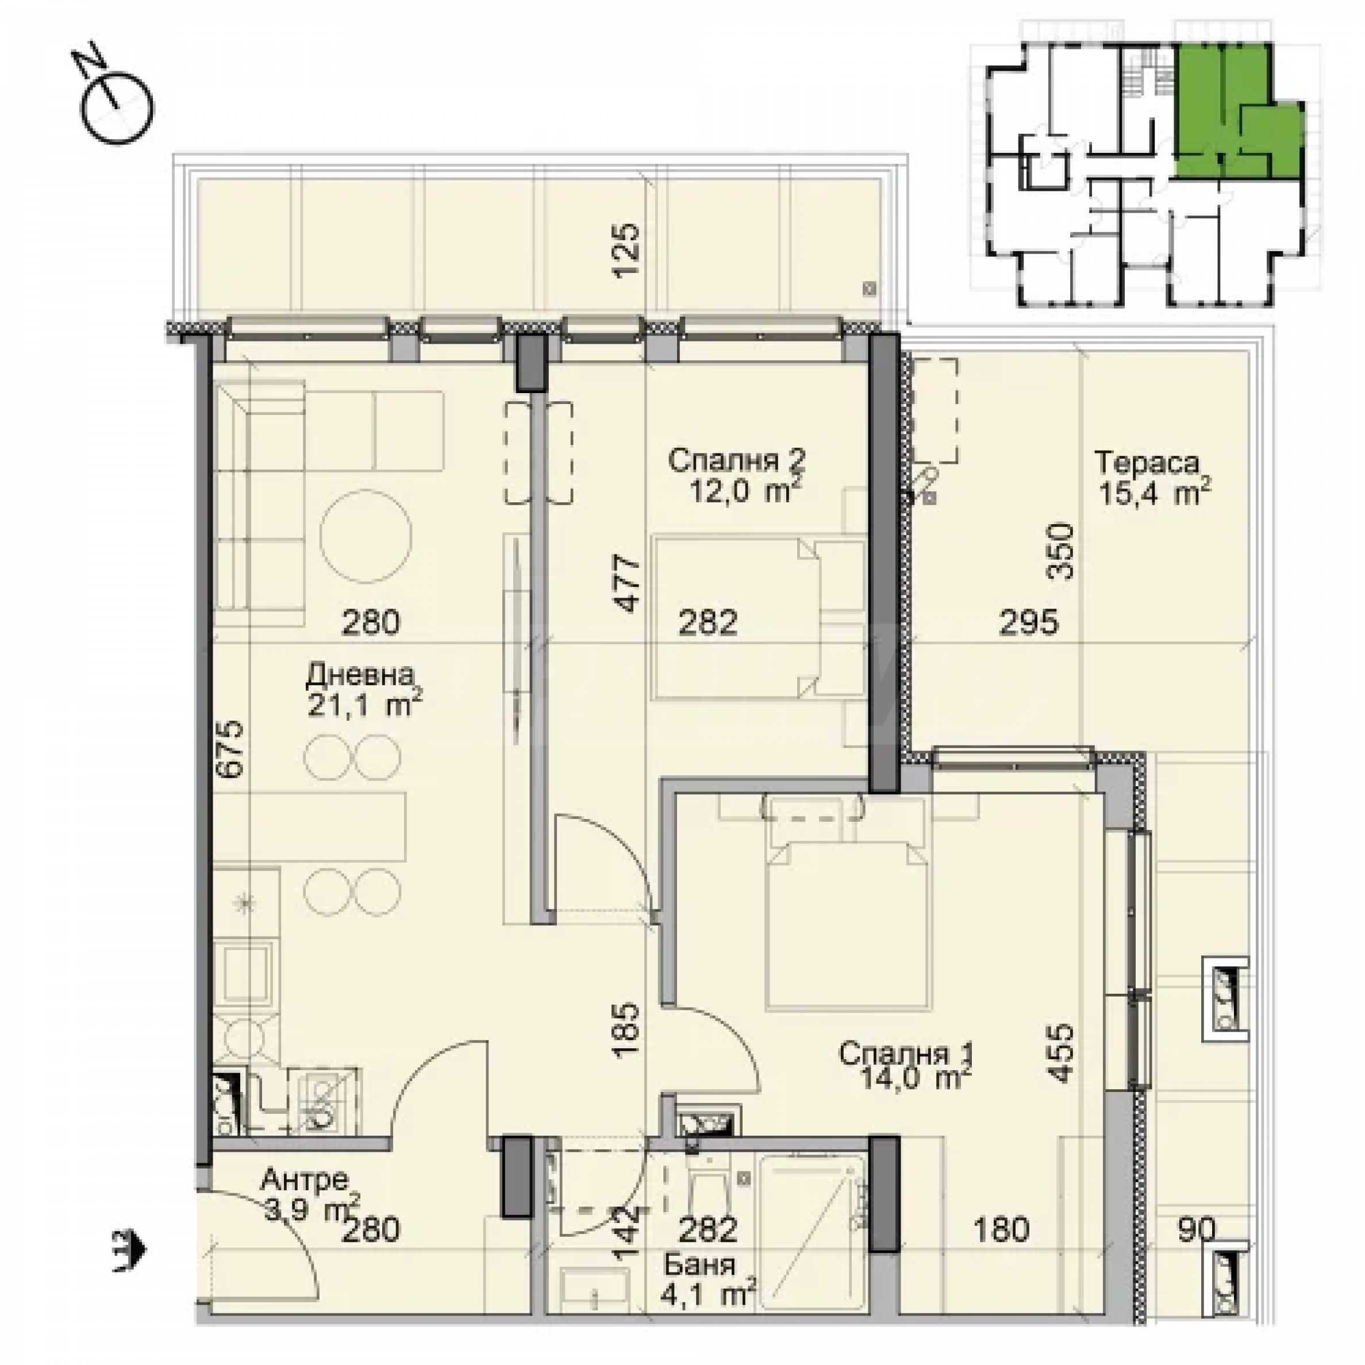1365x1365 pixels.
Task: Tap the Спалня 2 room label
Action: coord(736,462)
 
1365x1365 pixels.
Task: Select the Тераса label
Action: coord(1147,463)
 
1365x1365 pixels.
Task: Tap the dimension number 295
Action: coord(1029,622)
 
